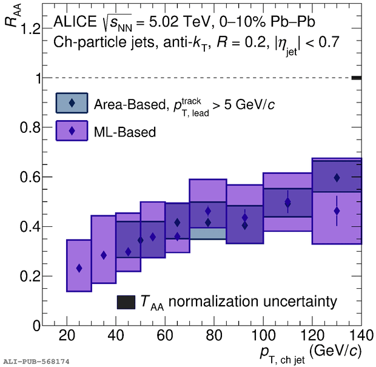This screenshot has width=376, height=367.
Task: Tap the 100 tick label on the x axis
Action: tap(263, 335)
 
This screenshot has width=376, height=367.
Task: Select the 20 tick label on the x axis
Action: tap(67, 335)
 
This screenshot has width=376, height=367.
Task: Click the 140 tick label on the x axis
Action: tap(360, 335)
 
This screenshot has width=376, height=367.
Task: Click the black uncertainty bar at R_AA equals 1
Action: tap(357, 78)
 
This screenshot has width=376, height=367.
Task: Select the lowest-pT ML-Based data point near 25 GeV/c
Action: tap(79, 268)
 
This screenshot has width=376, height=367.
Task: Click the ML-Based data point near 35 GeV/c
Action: tap(104, 255)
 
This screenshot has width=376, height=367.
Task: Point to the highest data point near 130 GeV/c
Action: tap(337, 178)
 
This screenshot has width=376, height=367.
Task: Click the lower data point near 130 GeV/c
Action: tap(337, 211)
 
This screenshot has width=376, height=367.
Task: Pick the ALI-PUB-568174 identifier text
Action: tap(36, 362)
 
